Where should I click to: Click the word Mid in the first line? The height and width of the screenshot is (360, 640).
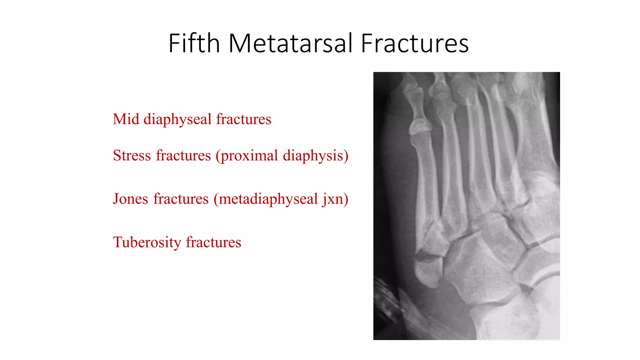[126, 119]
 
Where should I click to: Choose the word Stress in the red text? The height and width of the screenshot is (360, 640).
[132, 155]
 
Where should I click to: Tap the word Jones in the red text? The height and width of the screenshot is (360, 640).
[130, 199]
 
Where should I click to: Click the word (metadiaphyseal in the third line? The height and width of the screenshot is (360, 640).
[266, 199]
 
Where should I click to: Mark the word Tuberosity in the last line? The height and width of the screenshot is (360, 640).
[147, 242]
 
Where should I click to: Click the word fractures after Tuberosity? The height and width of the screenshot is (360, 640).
[213, 242]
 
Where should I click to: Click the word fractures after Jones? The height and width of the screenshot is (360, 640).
[181, 199]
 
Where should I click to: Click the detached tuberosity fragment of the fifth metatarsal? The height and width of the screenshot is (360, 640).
[428, 272]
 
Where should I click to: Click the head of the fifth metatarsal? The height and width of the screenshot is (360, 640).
[419, 128]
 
